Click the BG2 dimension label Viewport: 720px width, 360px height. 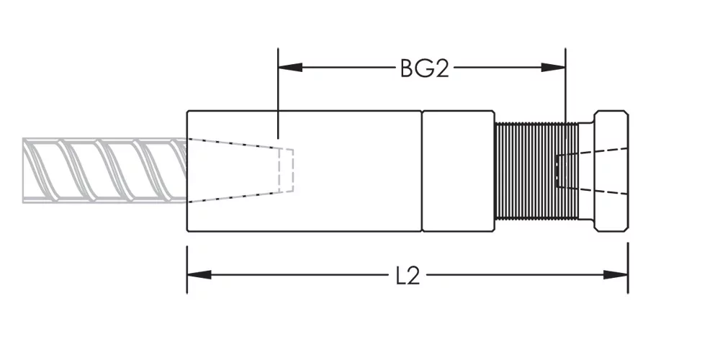pos(424,68)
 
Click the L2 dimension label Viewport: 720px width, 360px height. pos(408,276)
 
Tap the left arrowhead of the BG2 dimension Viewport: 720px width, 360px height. pos(290,68)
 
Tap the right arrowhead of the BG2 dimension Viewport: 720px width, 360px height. pos(553,68)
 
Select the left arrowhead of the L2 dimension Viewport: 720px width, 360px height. pos(199,275)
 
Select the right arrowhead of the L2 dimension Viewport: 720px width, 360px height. pos(616,275)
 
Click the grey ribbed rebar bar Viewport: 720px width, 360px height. pos(104,171)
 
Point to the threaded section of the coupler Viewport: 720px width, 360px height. pos(536,171)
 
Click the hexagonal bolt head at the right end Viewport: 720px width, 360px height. pos(611,171)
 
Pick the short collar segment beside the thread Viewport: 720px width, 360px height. pos(458,171)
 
